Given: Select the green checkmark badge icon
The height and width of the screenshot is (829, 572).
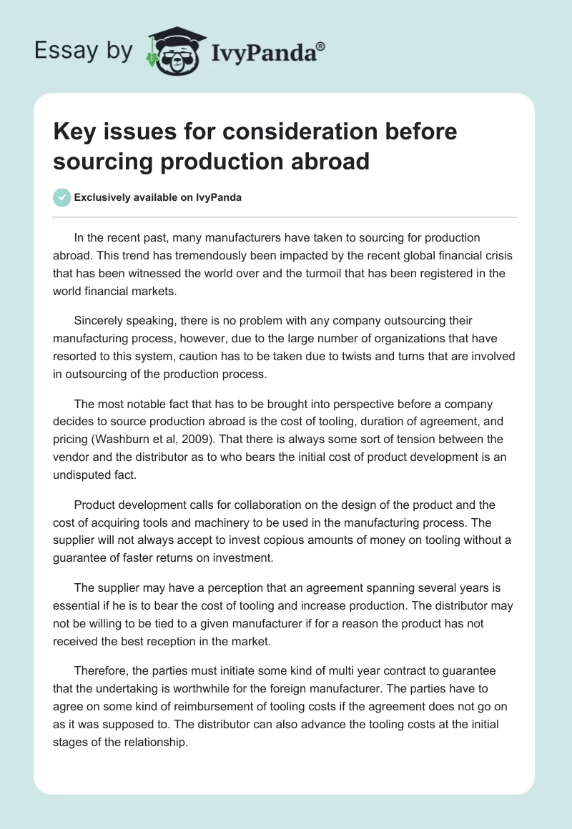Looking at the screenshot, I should (62, 197).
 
